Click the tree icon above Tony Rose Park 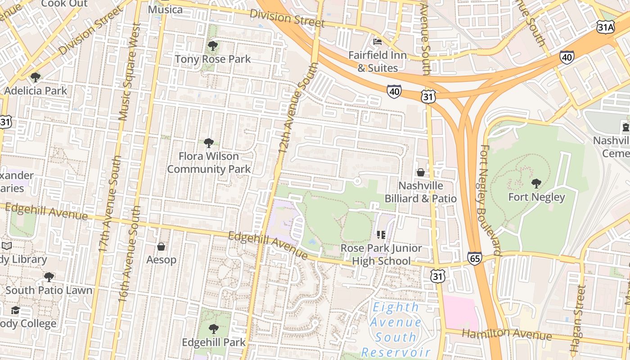point(212,46)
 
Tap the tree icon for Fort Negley point(536,183)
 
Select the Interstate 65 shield point(474,258)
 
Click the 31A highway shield point(605,27)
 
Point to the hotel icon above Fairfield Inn point(378,42)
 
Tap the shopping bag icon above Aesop point(161,246)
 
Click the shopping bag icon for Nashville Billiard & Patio point(420,172)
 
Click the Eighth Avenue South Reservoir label point(396,329)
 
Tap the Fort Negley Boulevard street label point(491,200)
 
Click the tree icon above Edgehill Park point(214,329)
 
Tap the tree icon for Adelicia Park point(35,77)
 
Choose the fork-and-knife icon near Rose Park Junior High point(381,234)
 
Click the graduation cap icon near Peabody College point(15,310)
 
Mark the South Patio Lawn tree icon point(49,277)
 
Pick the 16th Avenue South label point(129,254)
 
